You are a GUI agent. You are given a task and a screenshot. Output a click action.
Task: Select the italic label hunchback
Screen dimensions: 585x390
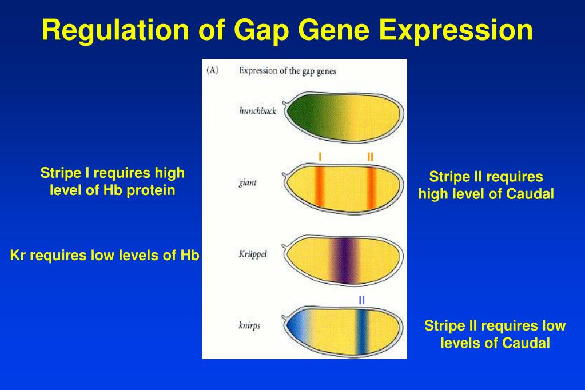pyautogui.click(x=258, y=111)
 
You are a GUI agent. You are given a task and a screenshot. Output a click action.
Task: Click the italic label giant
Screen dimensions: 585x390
pyautogui.click(x=248, y=183)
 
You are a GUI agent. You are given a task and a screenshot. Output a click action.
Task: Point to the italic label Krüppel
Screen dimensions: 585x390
pyautogui.click(x=253, y=254)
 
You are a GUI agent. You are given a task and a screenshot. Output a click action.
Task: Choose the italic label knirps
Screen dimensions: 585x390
pyautogui.click(x=249, y=325)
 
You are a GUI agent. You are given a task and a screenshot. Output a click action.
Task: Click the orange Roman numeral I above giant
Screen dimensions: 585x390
pyautogui.click(x=320, y=157)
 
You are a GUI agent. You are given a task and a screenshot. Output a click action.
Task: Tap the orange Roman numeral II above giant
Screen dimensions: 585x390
pyautogui.click(x=370, y=157)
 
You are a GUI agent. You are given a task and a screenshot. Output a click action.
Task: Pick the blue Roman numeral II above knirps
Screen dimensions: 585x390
pyautogui.click(x=361, y=300)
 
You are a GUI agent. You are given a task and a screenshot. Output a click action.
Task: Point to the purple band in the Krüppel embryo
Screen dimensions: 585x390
pyautogui.click(x=345, y=260)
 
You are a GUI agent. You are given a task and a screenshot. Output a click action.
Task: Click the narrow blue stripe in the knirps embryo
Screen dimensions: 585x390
pyautogui.click(x=361, y=331)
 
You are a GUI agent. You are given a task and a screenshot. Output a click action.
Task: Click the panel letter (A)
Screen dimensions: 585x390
pyautogui.click(x=212, y=70)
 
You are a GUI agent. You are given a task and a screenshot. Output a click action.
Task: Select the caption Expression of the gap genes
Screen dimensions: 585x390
pyautogui.click(x=288, y=71)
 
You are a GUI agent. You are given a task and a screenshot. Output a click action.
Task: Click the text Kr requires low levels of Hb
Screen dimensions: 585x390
pyautogui.click(x=105, y=255)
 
